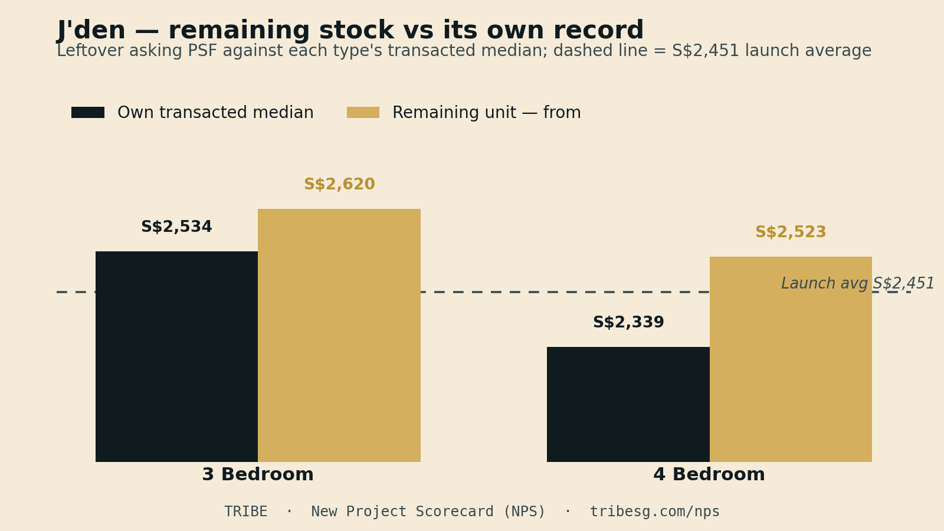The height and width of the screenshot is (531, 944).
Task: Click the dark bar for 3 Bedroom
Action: click(176, 356)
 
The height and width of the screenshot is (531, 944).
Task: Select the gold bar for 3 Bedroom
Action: click(339, 336)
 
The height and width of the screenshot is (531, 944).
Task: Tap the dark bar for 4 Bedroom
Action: click(628, 405)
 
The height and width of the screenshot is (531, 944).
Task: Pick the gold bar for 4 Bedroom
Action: click(791, 359)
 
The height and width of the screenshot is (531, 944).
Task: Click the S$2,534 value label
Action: click(176, 227)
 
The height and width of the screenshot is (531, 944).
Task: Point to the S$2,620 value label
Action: click(339, 184)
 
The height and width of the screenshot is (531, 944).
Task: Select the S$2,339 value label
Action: click(628, 322)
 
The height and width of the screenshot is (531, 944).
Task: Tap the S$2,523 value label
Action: click(791, 232)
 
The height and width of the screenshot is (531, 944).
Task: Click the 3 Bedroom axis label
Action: click(258, 474)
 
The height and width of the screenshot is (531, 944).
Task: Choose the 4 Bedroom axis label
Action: click(709, 474)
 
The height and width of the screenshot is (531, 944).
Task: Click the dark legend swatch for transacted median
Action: click(88, 113)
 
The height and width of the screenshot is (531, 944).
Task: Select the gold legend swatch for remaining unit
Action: click(363, 113)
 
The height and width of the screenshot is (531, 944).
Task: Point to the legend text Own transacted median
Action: click(215, 113)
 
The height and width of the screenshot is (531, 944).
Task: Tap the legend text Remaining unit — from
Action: click(487, 113)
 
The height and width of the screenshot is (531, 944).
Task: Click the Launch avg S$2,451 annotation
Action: click(858, 283)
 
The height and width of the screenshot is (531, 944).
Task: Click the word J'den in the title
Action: click(91, 30)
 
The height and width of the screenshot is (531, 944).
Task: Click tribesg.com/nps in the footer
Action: click(654, 512)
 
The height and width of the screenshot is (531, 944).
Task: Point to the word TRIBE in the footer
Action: click(245, 512)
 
